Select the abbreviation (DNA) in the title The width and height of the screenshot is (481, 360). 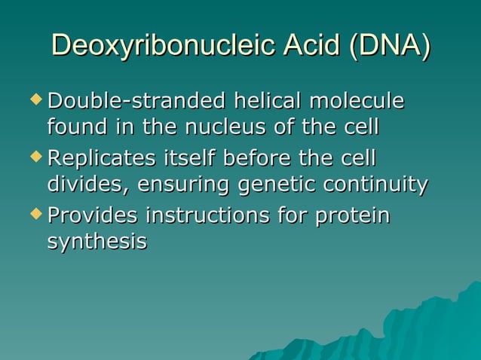tap(390, 45)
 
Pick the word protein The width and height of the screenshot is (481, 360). tap(353, 216)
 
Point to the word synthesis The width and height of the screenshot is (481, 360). tap(97, 243)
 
